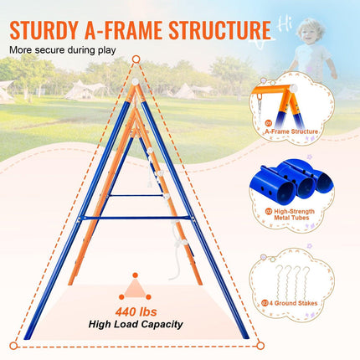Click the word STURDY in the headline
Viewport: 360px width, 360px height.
point(44,30)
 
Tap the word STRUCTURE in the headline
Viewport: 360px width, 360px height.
point(220,29)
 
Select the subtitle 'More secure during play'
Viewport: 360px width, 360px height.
point(63,50)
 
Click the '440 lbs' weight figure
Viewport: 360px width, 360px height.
point(136,311)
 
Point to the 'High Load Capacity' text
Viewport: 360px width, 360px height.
point(136,324)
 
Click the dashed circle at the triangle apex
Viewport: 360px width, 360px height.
point(136,59)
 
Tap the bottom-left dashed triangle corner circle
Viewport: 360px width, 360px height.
point(13,346)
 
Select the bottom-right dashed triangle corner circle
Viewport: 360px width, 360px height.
point(260,346)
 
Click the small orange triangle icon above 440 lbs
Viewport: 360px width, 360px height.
point(135,287)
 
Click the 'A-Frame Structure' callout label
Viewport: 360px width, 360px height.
point(291,131)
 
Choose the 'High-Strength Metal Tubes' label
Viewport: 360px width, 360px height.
point(294,214)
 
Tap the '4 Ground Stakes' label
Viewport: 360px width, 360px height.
point(293,303)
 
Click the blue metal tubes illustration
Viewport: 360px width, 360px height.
point(292,179)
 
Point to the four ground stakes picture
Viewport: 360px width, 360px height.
point(292,283)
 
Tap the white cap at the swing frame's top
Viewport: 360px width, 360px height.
point(135,82)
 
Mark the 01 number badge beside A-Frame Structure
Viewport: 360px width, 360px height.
point(269,123)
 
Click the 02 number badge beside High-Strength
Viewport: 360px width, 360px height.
point(269,212)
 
